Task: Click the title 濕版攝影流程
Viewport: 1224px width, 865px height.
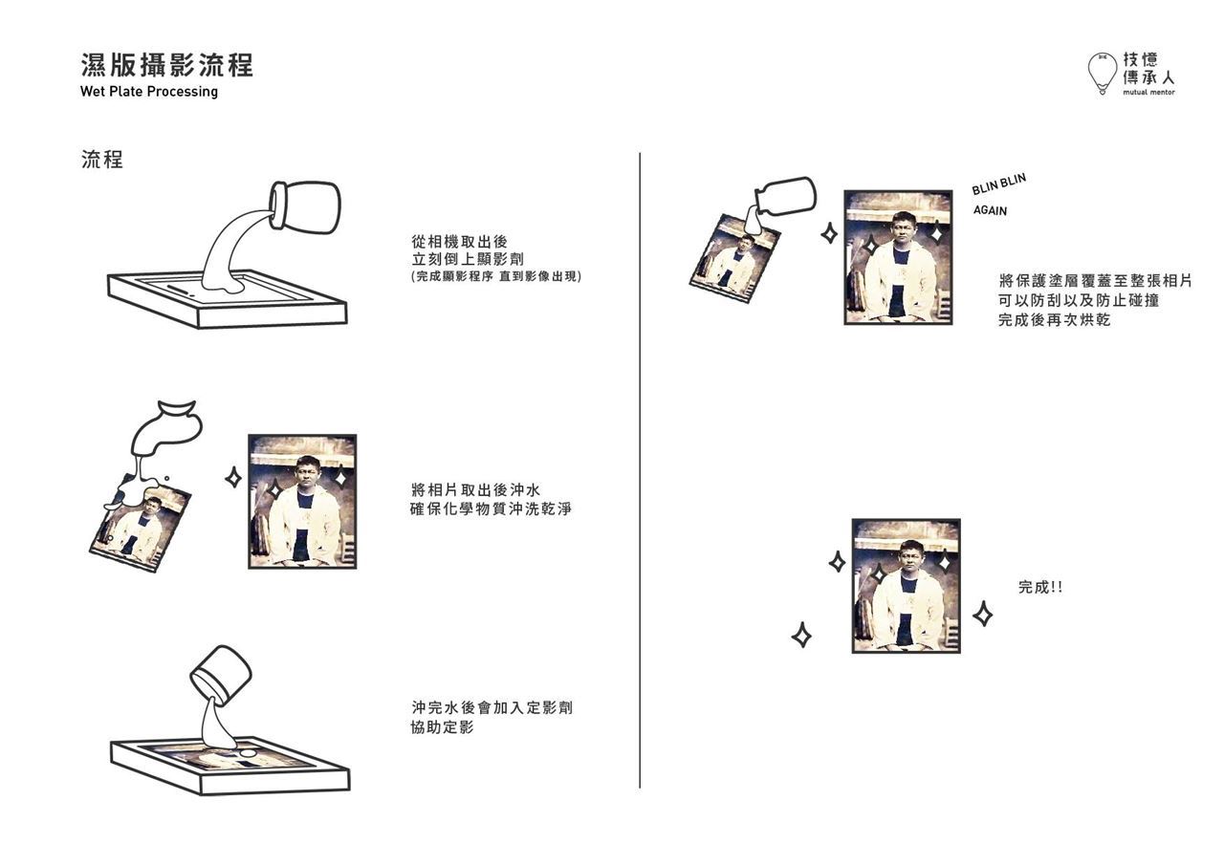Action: pos(167,65)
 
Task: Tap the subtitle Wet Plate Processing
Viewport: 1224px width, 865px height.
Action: pos(148,91)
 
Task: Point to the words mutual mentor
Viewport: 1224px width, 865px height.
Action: pos(1148,93)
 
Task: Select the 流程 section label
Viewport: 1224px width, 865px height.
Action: pos(102,160)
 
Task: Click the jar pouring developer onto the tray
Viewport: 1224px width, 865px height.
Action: pos(305,206)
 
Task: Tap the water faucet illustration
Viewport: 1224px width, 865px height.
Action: pos(165,430)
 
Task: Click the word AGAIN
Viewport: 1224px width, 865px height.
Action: pos(990,210)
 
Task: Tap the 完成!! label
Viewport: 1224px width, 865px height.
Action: pos(1040,587)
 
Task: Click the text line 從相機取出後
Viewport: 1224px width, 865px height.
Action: pos(460,242)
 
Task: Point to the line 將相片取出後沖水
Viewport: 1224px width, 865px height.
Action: pos(475,489)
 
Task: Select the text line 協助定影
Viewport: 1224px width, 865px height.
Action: pos(442,726)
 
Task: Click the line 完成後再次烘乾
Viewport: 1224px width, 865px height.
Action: pos(1055,319)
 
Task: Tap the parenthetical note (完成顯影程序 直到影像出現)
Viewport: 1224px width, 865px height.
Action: pos(495,276)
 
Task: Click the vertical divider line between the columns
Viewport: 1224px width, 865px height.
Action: pos(640,470)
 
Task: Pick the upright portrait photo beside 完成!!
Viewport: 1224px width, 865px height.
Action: pos(906,586)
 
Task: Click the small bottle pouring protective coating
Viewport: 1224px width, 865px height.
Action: pos(785,197)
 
